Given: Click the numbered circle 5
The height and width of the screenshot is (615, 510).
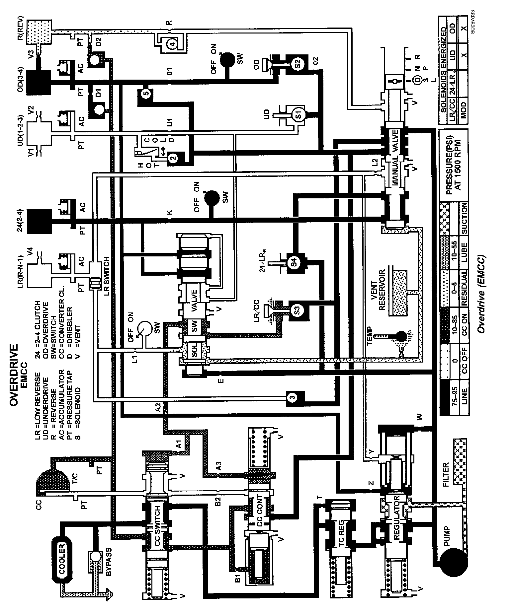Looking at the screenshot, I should coord(147,93).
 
